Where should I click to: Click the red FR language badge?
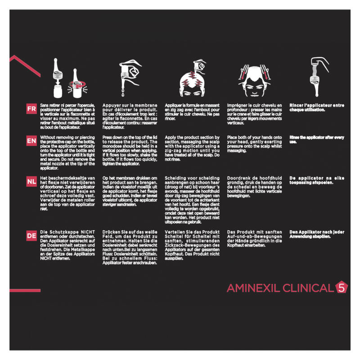coord(31,109)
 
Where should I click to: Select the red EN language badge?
coord(31,140)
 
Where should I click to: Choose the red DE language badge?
coord(31,235)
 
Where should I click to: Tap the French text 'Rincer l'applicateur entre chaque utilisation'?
coord(317,108)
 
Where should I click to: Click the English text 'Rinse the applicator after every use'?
coord(317,139)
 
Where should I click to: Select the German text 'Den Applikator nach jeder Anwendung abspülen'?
coord(317,234)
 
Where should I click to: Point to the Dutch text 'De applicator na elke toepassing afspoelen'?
coord(317,180)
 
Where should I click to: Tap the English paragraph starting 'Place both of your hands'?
coord(255,144)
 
